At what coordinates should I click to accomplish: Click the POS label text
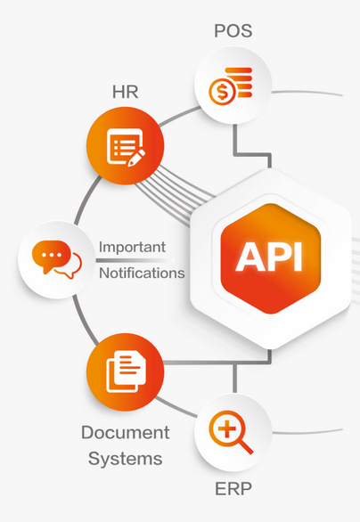click(x=233, y=30)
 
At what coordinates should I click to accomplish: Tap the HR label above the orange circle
click(x=126, y=92)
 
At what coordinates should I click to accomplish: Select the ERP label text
click(x=233, y=489)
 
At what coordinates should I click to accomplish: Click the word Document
click(x=126, y=432)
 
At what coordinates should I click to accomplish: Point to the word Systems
click(x=126, y=459)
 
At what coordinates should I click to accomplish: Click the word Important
click(x=132, y=248)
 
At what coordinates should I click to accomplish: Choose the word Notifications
click(x=142, y=273)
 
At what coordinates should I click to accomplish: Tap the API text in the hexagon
click(x=269, y=257)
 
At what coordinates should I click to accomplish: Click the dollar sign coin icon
click(x=222, y=93)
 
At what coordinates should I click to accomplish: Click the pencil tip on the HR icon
click(x=130, y=164)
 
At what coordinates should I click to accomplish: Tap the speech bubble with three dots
click(x=52, y=257)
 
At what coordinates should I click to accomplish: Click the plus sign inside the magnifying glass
click(x=227, y=428)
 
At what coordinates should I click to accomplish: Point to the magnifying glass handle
click(x=246, y=446)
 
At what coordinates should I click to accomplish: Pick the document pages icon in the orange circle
click(x=126, y=371)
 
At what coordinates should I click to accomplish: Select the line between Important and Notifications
click(x=135, y=260)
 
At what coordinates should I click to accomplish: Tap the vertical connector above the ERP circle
click(x=235, y=379)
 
